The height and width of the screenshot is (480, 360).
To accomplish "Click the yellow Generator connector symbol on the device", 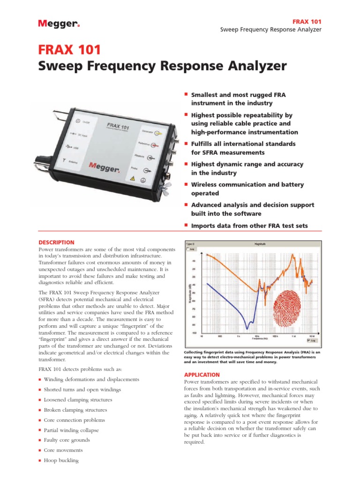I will [x=159, y=132].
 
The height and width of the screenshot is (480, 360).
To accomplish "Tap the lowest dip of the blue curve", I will [x=247, y=327].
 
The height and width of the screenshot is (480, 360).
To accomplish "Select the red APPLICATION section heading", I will [x=202, y=375].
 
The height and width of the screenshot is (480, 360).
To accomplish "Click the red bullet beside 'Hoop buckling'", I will [x=40, y=461].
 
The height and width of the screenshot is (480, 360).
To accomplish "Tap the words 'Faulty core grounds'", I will [x=67, y=440].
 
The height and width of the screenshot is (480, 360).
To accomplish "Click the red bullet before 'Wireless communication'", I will [x=186, y=184].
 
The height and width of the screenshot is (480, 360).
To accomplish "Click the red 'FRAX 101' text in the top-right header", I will [x=307, y=22].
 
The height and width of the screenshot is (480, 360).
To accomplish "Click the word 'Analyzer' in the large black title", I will [x=253, y=66].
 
